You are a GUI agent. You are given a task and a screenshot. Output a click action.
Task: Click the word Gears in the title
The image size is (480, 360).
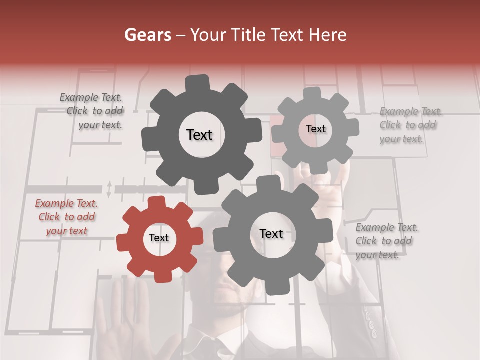coord(147,35)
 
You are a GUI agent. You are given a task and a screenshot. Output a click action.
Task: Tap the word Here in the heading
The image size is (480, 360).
coord(328,35)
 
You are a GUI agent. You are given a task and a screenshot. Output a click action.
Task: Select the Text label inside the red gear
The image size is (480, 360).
coord(159,238)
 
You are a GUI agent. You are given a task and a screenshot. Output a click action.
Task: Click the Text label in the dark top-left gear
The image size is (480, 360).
coord(199,135)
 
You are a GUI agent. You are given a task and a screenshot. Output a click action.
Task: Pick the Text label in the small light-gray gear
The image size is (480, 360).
coord(315,129)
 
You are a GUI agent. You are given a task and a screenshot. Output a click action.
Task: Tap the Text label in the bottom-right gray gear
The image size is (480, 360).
coord(271,234)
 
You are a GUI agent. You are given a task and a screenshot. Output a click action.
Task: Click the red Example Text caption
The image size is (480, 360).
coord(66,217)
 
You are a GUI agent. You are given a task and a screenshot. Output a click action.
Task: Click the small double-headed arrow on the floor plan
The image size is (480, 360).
coord(109,189)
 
